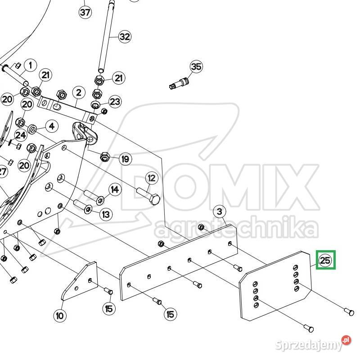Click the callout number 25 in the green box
(x=325, y=260)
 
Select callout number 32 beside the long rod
(x=125, y=36)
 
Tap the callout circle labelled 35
(x=196, y=67)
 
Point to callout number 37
(x=85, y=12)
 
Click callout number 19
(x=126, y=159)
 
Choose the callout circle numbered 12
(x=152, y=178)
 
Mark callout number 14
(x=115, y=189)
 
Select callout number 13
(x=106, y=215)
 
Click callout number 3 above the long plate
(x=220, y=211)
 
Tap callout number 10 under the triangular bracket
(x=60, y=316)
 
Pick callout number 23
(x=115, y=101)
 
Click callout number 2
(x=79, y=93)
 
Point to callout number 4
(x=52, y=126)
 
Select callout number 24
(x=21, y=135)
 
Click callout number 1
(x=30, y=65)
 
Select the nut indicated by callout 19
(x=105, y=157)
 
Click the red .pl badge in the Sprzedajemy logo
(x=346, y=340)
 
